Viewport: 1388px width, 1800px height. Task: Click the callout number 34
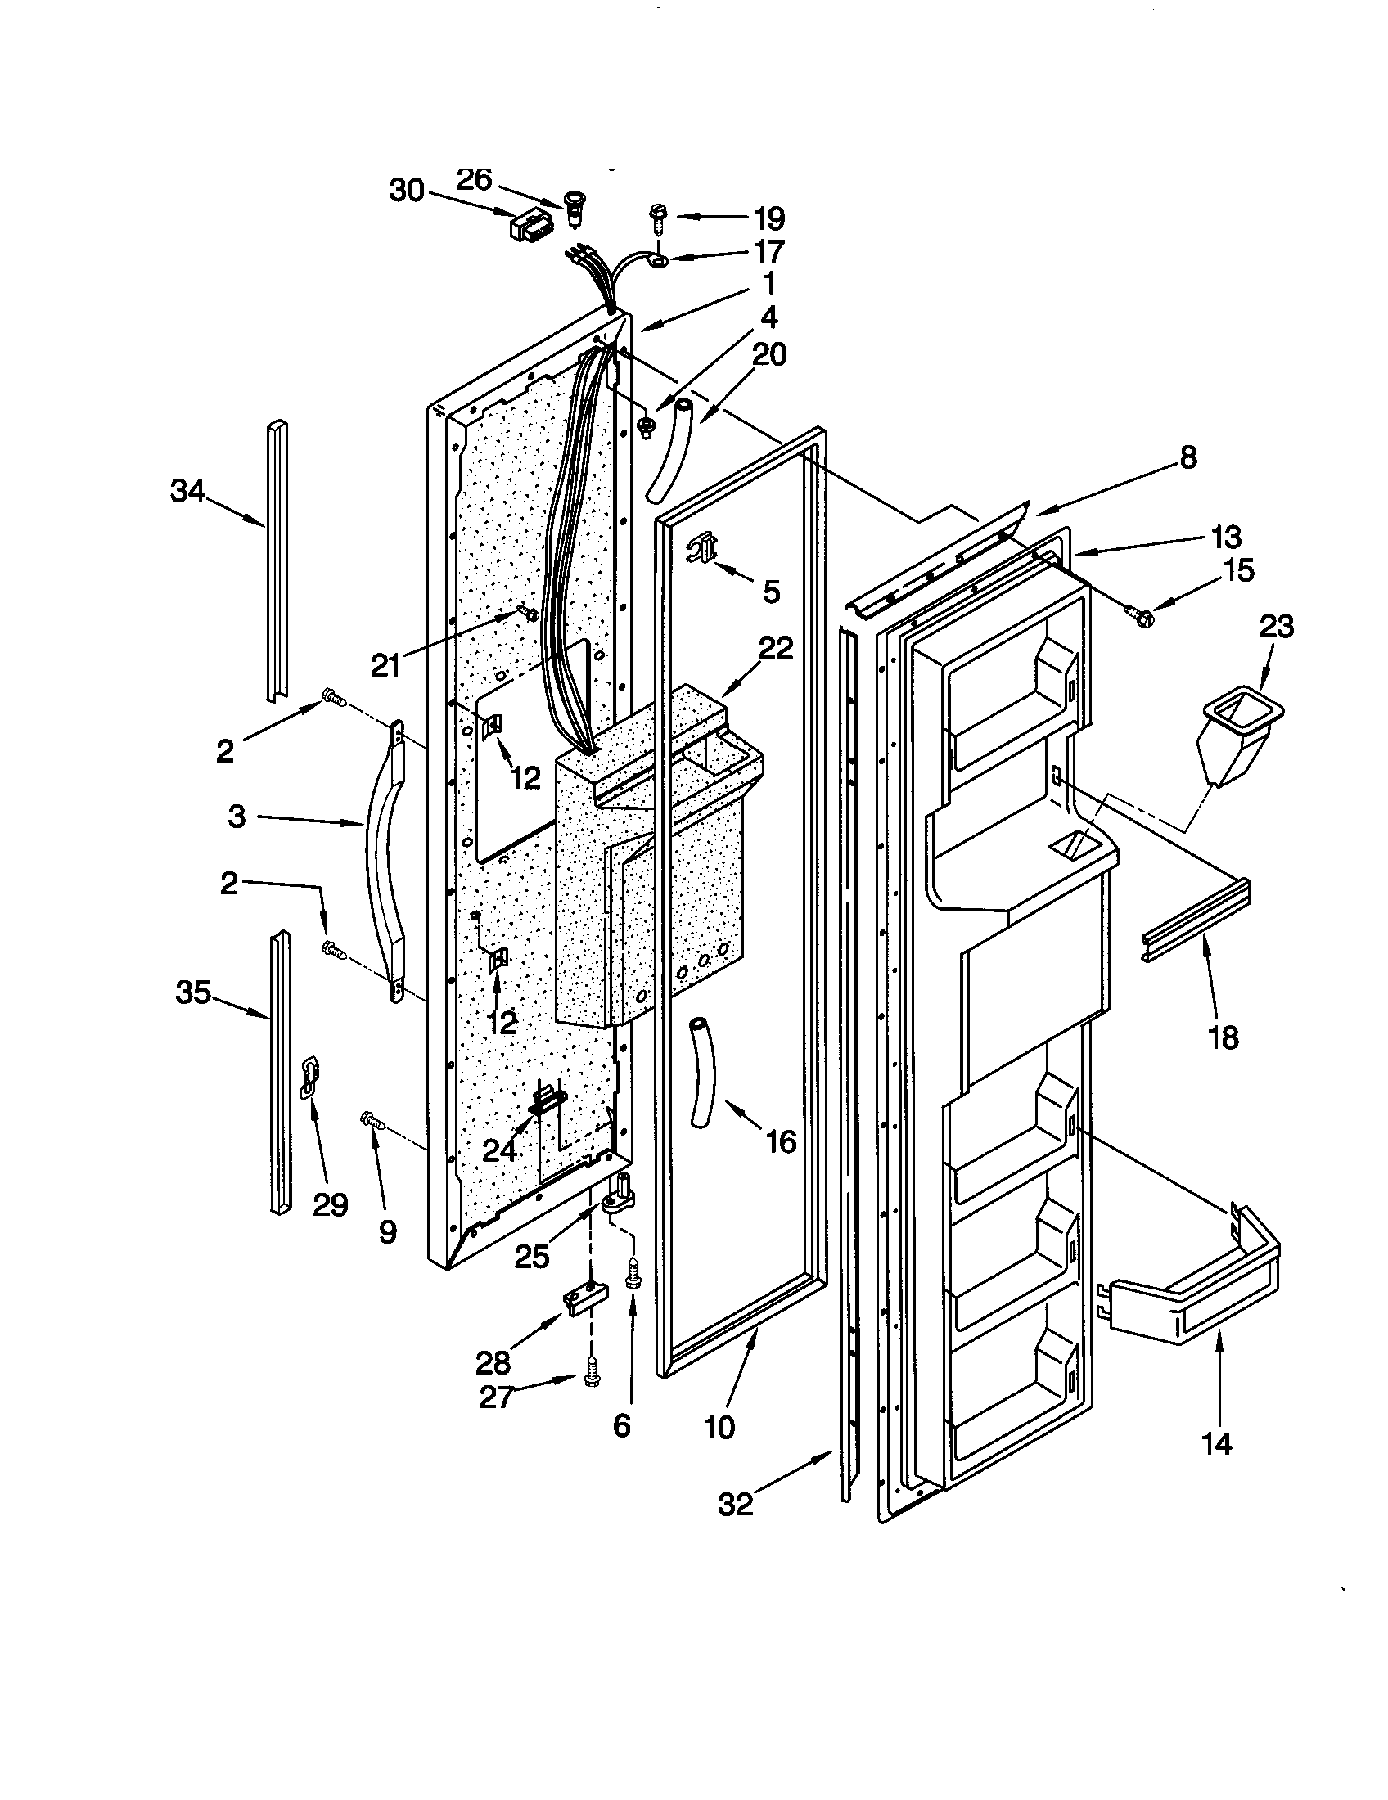(x=187, y=492)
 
